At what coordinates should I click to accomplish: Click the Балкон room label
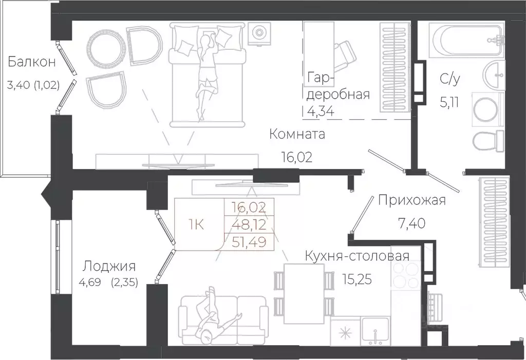click(31, 63)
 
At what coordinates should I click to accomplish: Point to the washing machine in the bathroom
click(486, 108)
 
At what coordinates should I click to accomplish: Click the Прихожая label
click(411, 200)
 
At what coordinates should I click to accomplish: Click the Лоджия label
click(109, 266)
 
